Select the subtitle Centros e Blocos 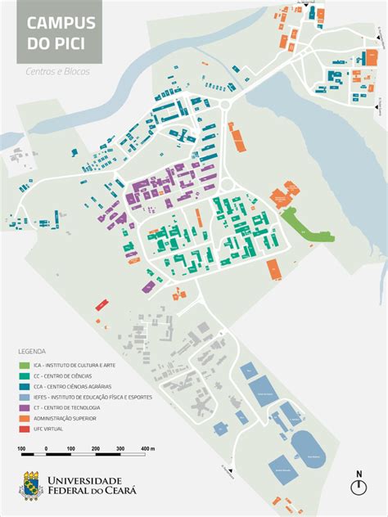(x=57, y=71)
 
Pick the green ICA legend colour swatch (x=25, y=364)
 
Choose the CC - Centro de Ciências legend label (x=67, y=375)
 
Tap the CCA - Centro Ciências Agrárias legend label (x=73, y=385)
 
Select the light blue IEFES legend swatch (x=25, y=396)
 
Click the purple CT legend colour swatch (x=25, y=407)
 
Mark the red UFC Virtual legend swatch (x=25, y=429)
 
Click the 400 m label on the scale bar (x=147, y=449)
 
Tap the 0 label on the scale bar (x=46, y=449)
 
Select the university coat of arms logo (x=31, y=484)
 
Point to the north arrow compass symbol (x=359, y=486)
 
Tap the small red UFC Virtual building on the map (x=102, y=304)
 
